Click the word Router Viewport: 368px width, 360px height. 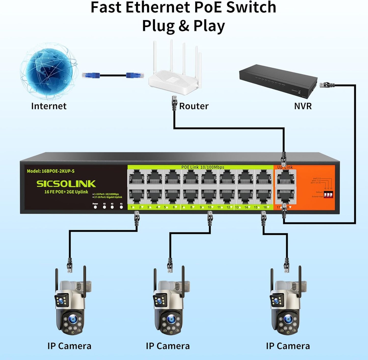point(194,106)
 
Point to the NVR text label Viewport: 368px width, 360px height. point(303,106)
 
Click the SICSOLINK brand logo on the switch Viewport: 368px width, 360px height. point(66,184)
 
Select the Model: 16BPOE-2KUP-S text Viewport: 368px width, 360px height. point(51,171)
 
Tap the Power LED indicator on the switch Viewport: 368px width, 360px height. point(95,207)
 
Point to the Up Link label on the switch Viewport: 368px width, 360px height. point(285,167)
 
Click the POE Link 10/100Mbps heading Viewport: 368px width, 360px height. point(203,167)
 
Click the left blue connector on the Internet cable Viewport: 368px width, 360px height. point(91,75)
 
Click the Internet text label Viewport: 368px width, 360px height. point(49,106)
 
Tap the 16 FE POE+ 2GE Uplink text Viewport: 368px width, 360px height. point(66,192)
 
